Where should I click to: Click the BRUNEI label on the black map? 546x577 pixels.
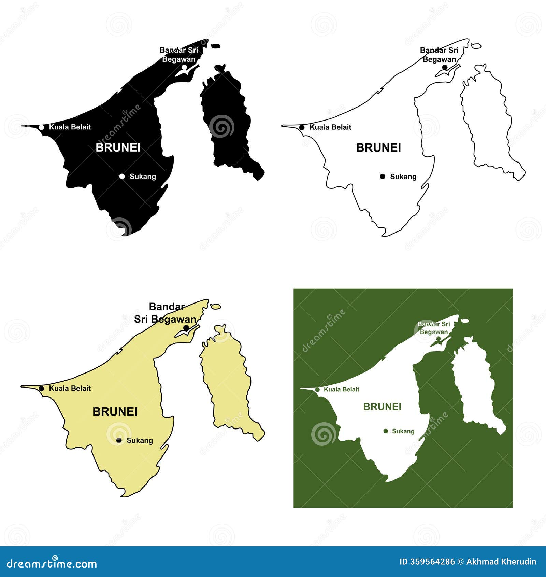click(118, 147)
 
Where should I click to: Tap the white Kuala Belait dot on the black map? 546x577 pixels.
click(41, 127)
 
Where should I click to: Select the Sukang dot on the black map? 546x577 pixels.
click(122, 177)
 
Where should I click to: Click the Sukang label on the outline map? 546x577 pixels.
click(403, 177)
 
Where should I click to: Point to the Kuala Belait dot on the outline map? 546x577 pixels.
click(302, 127)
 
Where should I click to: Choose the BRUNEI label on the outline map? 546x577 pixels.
click(378, 147)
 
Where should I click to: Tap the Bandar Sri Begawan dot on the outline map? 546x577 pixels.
click(445, 67)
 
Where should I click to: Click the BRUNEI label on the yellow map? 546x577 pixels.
click(115, 412)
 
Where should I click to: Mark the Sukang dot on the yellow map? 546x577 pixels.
click(119, 440)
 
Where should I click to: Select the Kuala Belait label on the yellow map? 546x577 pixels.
click(70, 388)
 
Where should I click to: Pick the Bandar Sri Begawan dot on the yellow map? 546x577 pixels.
click(186, 328)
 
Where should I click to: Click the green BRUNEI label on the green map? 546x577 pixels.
click(382, 407)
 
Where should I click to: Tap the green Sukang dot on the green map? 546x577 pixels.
click(386, 431)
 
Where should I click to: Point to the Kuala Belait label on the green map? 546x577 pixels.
click(341, 389)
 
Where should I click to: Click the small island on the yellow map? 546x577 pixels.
click(215, 307)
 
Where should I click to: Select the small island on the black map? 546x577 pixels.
click(215, 46)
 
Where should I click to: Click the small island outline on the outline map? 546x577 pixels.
click(476, 46)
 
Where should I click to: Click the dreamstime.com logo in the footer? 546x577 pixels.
click(52, 564)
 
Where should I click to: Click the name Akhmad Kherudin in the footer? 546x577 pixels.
click(501, 562)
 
